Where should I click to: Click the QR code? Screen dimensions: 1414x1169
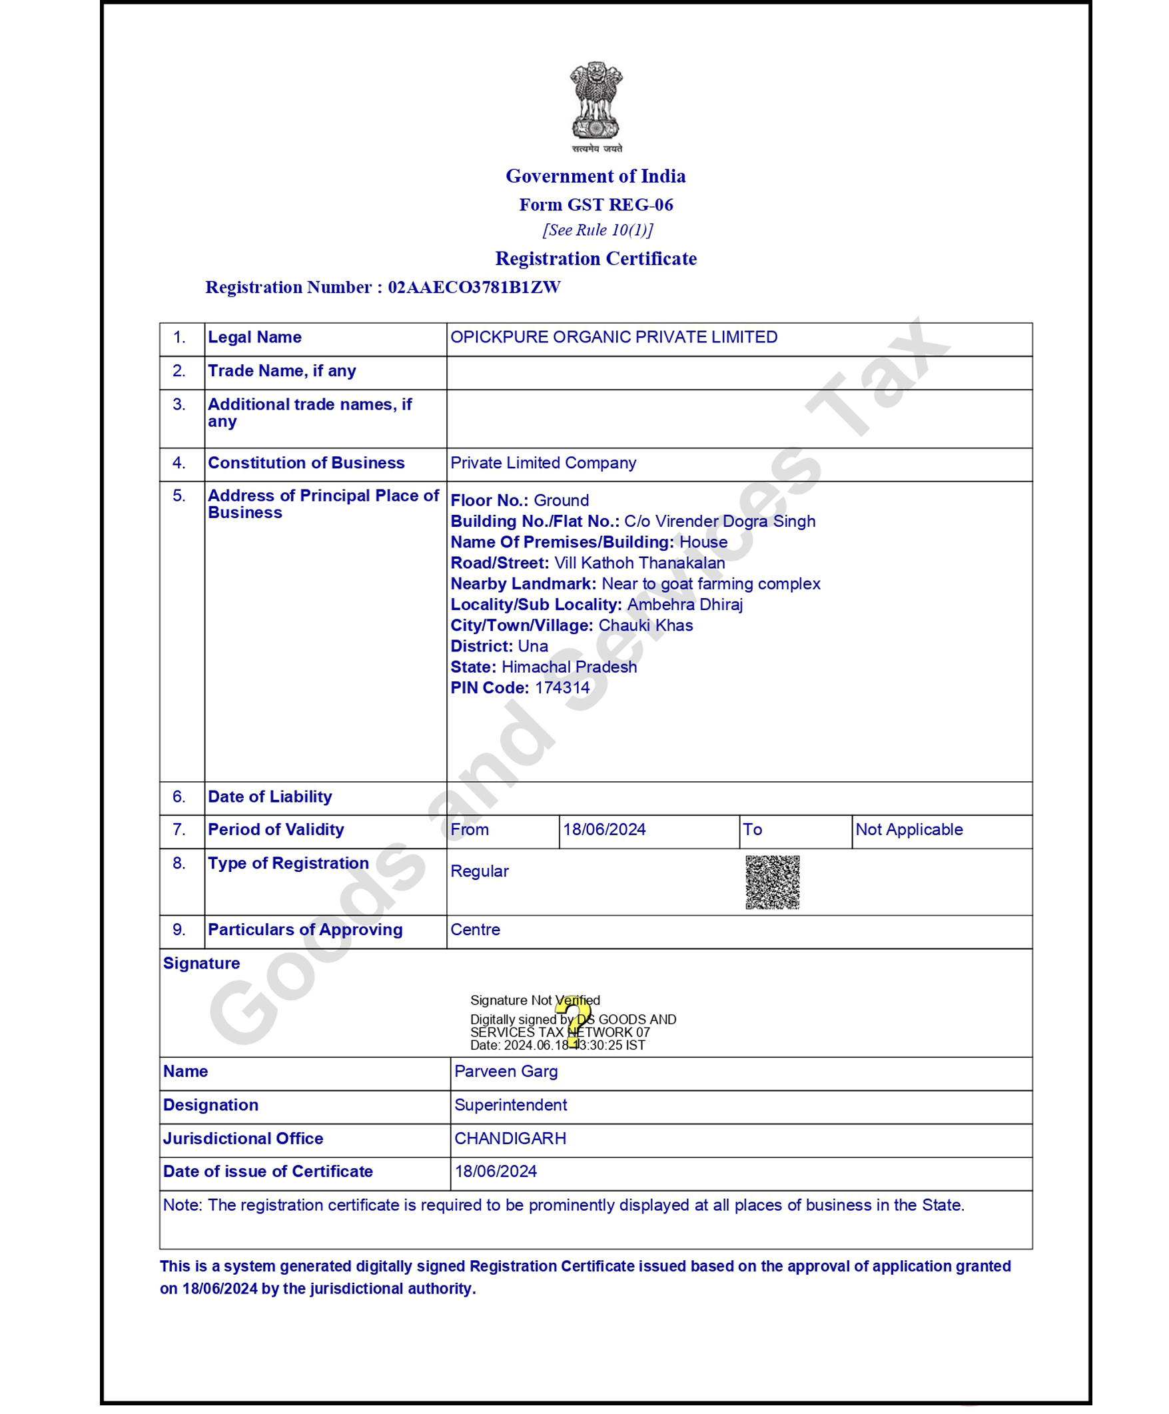773,882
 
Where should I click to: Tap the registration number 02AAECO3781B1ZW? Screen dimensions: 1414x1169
474,288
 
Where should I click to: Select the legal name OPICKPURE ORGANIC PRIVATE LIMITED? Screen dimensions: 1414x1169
613,337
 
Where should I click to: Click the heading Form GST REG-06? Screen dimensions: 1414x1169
596,204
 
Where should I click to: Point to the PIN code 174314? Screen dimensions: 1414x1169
562,688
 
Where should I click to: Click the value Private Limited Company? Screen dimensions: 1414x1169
543,464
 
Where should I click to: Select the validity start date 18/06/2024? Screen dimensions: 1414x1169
604,829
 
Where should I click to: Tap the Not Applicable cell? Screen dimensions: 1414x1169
909,829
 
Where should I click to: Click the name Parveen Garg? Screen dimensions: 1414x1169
506,1071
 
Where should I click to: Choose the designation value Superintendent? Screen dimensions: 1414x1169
510,1105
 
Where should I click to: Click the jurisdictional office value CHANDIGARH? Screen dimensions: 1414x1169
510,1139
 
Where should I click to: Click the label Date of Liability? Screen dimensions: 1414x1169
269,797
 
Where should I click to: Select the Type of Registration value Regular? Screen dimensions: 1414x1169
480,871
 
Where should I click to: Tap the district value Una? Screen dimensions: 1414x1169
533,647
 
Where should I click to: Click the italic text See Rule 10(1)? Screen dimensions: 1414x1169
597,230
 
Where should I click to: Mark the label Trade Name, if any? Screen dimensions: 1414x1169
282,371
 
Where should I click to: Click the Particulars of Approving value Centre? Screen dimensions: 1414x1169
475,930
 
